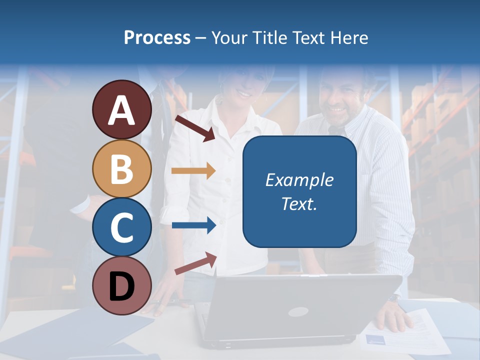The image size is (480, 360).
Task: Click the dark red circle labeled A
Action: click(x=121, y=109)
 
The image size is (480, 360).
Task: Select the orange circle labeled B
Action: click(x=121, y=168)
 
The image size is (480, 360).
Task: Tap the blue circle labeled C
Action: click(x=121, y=227)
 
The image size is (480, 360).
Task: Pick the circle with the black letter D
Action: click(x=121, y=285)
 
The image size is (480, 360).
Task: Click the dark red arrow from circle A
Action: click(x=195, y=128)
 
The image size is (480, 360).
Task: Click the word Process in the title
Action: click(x=157, y=38)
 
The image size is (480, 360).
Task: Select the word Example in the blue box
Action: click(x=299, y=180)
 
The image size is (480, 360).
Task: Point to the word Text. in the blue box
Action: click(x=299, y=203)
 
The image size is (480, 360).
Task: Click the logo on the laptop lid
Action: click(x=297, y=312)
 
